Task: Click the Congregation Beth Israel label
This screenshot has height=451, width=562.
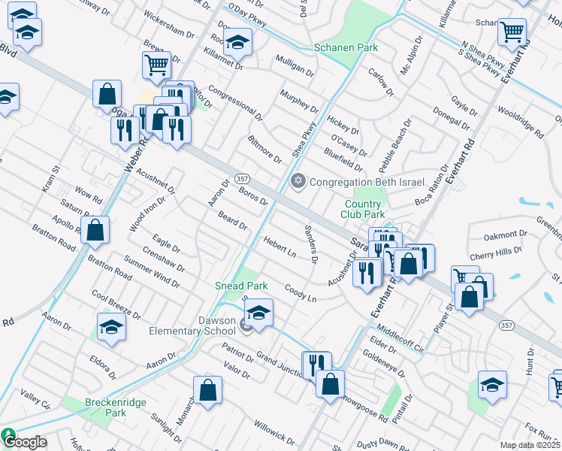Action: coord(367,182)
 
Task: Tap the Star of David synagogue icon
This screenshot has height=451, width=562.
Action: coord(298,181)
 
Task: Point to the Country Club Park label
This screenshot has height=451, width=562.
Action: coord(364,209)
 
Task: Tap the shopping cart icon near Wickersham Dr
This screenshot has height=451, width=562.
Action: coord(156,65)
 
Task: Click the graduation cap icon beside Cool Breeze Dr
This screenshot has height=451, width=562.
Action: coord(111,327)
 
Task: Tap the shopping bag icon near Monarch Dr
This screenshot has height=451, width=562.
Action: coord(207,389)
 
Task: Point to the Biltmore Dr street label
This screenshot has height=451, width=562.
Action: coord(265,150)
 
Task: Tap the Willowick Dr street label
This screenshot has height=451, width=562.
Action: coord(273,432)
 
